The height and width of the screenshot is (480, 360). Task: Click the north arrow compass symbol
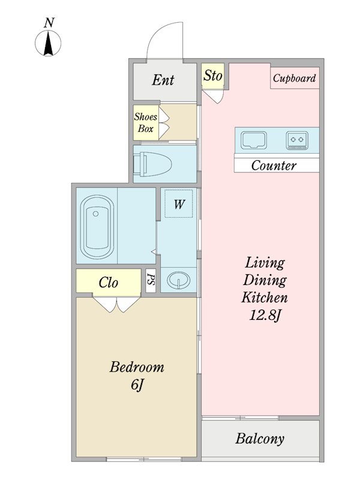(x=48, y=43)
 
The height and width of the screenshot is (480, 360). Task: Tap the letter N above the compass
(x=49, y=23)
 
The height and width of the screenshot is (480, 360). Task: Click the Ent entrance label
(x=163, y=80)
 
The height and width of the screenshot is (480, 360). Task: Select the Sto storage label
(x=213, y=76)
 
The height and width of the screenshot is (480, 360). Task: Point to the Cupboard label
(x=294, y=78)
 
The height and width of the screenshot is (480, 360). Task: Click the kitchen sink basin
(x=253, y=140)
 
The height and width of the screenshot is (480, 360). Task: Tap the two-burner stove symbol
(x=297, y=140)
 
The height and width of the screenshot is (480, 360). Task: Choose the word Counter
(x=274, y=166)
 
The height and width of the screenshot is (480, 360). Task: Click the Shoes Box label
(x=146, y=122)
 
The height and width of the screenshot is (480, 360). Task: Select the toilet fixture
(x=152, y=164)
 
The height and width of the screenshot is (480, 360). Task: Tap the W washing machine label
(x=179, y=204)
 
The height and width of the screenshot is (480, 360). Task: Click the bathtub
(x=96, y=227)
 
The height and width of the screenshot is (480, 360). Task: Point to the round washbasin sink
(x=178, y=280)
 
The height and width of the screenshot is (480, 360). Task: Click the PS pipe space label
(x=151, y=280)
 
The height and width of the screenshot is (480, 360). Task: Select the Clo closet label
(x=109, y=282)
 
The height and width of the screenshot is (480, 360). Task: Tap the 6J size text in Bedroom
(x=137, y=385)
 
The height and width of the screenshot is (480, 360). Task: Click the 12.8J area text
(x=265, y=316)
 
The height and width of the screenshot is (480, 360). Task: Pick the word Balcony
(x=260, y=439)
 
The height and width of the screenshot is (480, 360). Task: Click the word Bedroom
(x=137, y=367)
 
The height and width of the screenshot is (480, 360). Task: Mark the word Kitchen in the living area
(x=265, y=298)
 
